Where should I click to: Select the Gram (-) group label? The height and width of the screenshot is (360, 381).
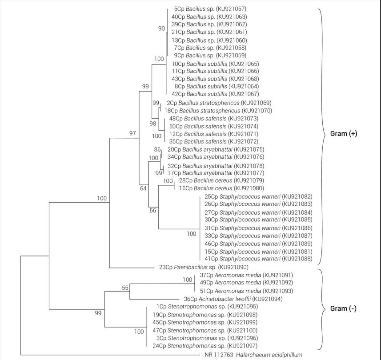coord(343,308)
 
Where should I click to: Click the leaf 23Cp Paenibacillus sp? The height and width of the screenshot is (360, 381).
coord(203,267)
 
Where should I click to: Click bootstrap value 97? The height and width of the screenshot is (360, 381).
coord(132,134)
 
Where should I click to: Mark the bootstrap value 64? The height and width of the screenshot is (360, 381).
coord(143,189)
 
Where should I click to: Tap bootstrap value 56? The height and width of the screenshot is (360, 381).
coord(152,211)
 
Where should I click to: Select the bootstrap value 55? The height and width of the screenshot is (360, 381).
coord(125,288)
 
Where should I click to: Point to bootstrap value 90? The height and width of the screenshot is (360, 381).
coord(161,29)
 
